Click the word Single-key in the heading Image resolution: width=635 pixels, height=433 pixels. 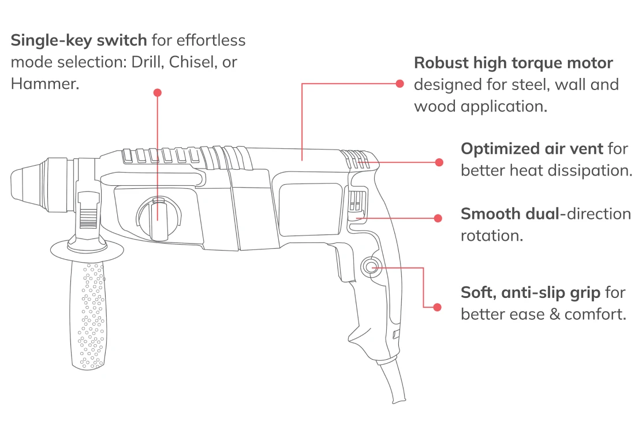click(x=51, y=41)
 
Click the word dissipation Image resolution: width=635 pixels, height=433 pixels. click(x=594, y=170)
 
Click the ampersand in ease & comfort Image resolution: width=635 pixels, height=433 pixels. click(x=555, y=314)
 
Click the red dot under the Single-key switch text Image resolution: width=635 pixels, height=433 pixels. click(x=158, y=93)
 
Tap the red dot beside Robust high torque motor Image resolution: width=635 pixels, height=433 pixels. click(x=399, y=84)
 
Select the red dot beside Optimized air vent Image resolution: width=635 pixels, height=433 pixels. click(x=439, y=162)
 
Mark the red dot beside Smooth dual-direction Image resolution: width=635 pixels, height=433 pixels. click(x=438, y=218)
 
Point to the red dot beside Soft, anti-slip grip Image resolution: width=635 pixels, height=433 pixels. click(x=438, y=307)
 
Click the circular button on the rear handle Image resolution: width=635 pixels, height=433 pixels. click(x=370, y=267)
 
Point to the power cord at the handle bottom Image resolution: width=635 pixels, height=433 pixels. click(x=392, y=380)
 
